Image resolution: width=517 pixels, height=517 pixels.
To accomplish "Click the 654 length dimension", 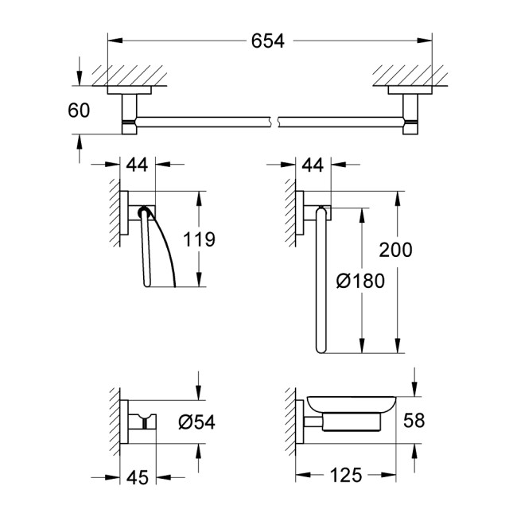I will click(x=269, y=41).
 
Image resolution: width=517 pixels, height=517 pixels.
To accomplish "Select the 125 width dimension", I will click(x=348, y=476).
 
